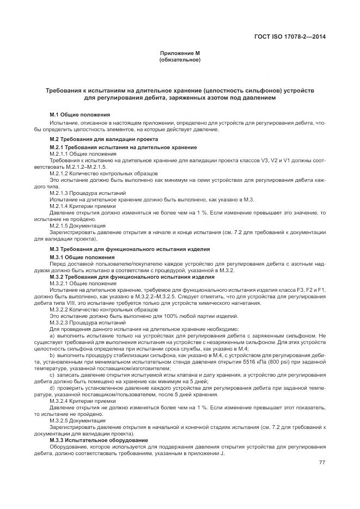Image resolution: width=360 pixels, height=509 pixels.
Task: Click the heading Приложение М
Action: [180, 53]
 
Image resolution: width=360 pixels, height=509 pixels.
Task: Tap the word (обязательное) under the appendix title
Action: [180, 59]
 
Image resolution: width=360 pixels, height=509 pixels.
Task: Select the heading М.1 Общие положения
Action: [80, 115]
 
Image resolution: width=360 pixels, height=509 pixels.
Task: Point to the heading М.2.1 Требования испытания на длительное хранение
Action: [123, 148]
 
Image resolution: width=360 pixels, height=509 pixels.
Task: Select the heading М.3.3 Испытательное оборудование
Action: [99, 440]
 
